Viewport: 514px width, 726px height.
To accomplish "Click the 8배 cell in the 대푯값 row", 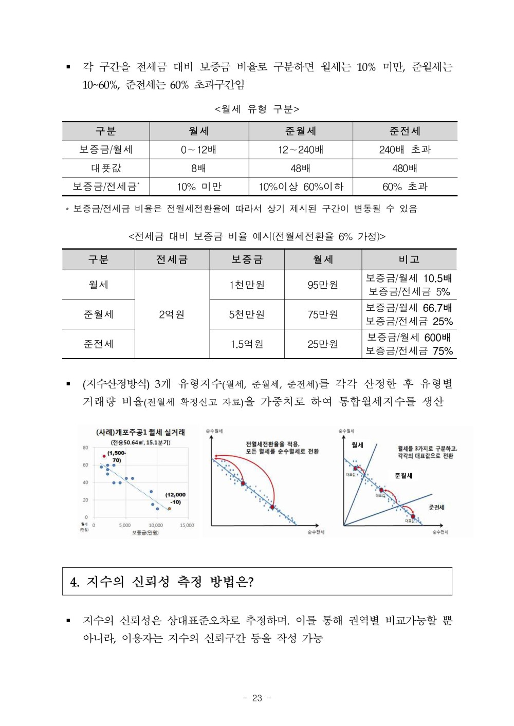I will (x=198, y=168).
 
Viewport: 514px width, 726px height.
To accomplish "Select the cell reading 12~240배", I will (x=301, y=150).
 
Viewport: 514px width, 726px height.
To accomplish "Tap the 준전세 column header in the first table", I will (x=405, y=131).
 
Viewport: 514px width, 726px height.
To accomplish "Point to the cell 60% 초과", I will (x=405, y=187).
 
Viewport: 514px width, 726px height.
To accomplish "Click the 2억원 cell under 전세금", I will (x=172, y=314).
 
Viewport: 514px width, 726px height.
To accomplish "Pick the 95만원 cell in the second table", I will (x=323, y=285).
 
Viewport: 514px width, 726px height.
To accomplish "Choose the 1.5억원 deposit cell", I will (x=247, y=344).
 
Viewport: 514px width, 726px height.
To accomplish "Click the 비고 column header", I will (x=409, y=259).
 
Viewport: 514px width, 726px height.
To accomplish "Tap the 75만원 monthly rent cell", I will (x=323, y=314).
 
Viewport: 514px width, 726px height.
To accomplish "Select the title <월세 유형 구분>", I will (x=257, y=109).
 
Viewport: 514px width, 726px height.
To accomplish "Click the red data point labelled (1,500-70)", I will (x=104, y=456).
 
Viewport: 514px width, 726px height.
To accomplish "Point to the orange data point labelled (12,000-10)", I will (x=169, y=509).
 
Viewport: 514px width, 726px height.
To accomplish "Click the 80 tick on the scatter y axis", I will (x=85, y=448).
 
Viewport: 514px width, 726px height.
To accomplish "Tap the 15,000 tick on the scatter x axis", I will (x=187, y=525).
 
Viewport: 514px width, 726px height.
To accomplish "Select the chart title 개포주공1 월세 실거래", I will (x=140, y=432).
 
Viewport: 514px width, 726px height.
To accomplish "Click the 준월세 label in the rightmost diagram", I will (x=403, y=476).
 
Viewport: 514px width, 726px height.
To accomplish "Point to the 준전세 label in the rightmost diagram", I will (x=436, y=507).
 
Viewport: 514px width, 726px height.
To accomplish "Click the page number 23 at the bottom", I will (x=257, y=698).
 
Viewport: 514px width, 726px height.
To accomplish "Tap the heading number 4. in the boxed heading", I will (x=75, y=582).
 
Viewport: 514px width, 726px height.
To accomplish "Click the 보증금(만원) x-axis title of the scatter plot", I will (x=145, y=533).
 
